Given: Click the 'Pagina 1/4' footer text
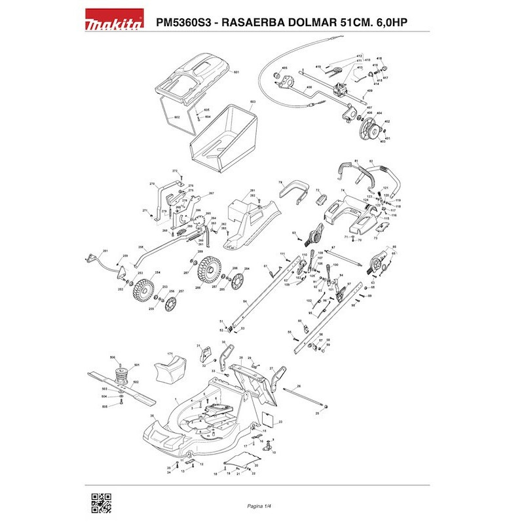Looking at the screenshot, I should pyautogui.click(x=260, y=506).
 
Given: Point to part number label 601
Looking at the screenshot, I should pyautogui.click(x=236, y=71).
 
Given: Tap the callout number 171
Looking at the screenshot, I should pyautogui.click(x=170, y=354).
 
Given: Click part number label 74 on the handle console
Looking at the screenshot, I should pyautogui.click(x=342, y=191).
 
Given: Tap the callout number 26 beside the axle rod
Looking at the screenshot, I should pyautogui.click(x=299, y=386).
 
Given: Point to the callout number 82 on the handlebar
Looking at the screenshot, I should pyautogui.click(x=370, y=160).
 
